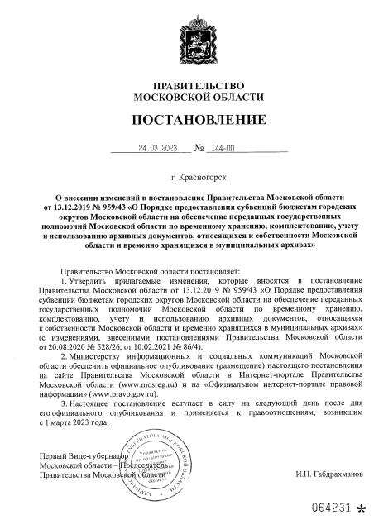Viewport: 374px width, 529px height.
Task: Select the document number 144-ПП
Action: [x=225, y=149]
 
